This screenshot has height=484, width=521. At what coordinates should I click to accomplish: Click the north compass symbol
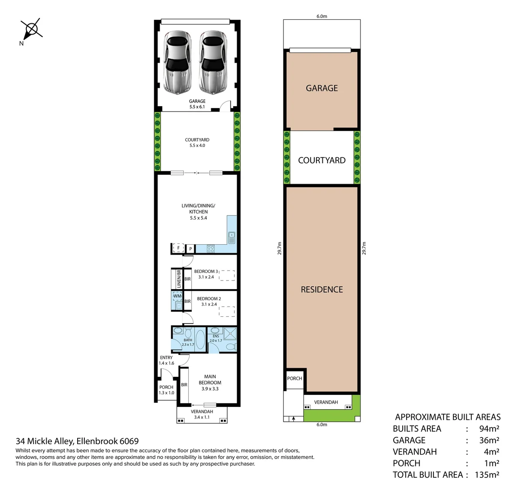point(32,30)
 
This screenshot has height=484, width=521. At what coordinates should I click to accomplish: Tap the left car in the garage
point(177,62)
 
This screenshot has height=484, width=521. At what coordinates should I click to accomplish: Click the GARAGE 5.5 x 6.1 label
point(197,104)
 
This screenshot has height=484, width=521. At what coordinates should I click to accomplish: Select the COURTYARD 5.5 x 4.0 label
point(197,143)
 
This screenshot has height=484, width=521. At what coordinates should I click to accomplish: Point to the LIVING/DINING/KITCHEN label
point(198,212)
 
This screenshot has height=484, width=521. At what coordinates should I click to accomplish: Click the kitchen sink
point(231,236)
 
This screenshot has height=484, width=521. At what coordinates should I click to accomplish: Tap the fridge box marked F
point(178,248)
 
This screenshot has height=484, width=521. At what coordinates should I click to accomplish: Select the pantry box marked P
point(190,249)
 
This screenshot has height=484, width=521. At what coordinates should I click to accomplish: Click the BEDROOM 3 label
point(206,274)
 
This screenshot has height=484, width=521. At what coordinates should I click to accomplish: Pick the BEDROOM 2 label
point(208,301)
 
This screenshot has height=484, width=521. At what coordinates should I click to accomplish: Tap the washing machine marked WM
point(177,296)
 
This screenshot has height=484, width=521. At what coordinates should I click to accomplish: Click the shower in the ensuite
point(230,333)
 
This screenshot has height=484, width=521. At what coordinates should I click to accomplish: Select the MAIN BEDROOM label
point(210,383)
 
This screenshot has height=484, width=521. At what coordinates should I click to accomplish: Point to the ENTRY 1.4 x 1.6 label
point(166,360)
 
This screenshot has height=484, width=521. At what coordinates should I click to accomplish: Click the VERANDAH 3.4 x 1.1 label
point(202,414)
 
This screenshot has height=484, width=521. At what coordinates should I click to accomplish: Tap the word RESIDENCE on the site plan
point(321,290)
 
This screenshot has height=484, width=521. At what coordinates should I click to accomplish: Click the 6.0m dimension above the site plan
point(321,16)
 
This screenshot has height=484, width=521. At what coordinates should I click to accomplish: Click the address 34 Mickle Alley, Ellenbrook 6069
point(77,441)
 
